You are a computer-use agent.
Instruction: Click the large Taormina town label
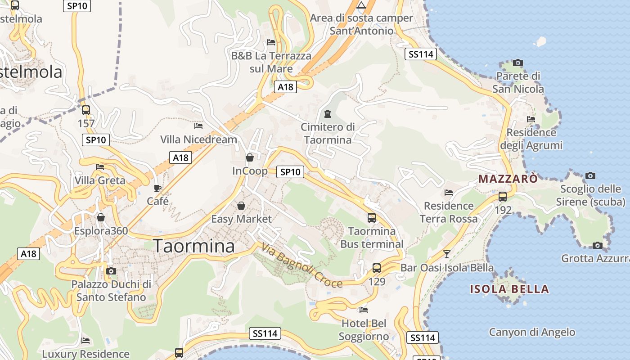click(x=194, y=246)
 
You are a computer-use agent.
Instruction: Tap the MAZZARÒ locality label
click(x=508, y=179)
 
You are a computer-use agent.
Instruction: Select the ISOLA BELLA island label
click(x=509, y=289)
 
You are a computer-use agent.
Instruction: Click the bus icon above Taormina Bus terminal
click(x=372, y=218)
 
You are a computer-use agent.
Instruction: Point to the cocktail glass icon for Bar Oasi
click(x=446, y=254)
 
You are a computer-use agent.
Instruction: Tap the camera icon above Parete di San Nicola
click(x=518, y=63)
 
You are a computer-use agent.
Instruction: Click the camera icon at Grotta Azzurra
click(x=598, y=245)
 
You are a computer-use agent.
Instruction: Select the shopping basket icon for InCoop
click(x=250, y=157)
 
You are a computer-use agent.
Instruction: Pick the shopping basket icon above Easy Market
click(x=241, y=206)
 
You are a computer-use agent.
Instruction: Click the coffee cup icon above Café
click(x=157, y=188)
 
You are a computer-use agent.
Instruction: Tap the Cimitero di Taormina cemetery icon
click(x=328, y=114)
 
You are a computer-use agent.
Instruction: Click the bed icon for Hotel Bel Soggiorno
click(x=364, y=310)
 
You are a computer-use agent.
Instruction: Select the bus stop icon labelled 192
click(x=503, y=197)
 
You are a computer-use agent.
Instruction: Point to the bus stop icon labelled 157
click(x=85, y=110)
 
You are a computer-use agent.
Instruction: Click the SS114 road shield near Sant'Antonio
click(x=421, y=54)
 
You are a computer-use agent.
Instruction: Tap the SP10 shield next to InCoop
click(x=290, y=171)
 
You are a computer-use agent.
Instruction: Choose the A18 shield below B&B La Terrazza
click(x=286, y=87)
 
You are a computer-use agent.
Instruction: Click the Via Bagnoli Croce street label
click(x=301, y=265)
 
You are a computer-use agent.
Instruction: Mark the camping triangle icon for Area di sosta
click(x=361, y=5)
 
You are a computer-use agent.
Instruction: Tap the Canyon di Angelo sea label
click(x=532, y=332)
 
